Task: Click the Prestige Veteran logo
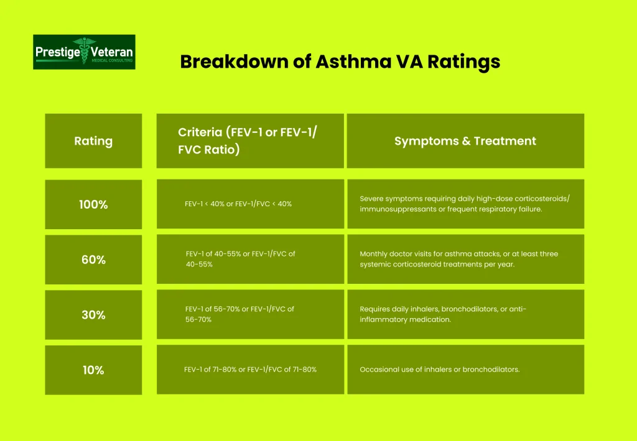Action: (x=84, y=52)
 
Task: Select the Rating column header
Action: (x=93, y=141)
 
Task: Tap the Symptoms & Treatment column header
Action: (x=465, y=141)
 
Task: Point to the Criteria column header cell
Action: (x=249, y=141)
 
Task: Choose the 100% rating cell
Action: (x=93, y=204)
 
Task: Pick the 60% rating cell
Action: (x=93, y=260)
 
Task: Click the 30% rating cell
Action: (x=93, y=315)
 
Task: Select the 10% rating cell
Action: (x=93, y=370)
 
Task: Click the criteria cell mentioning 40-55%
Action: (x=249, y=259)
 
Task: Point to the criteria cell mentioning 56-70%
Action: (x=249, y=314)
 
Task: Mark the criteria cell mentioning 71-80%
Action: (x=249, y=370)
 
